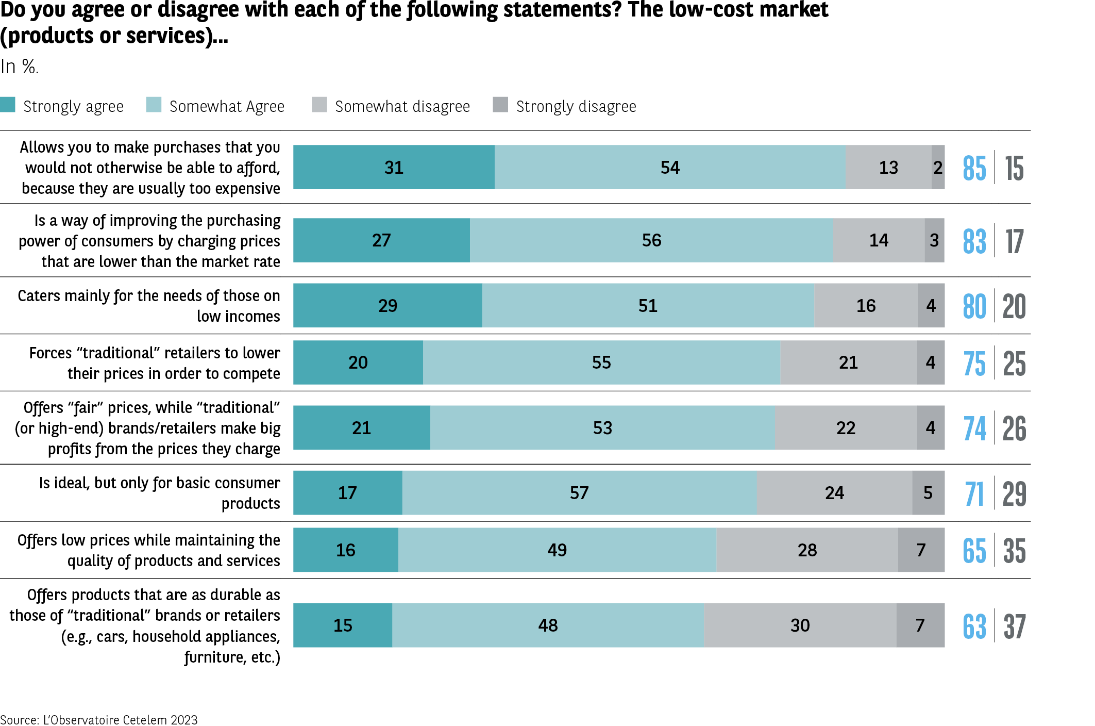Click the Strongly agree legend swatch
tap(8, 105)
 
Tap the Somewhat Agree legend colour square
tap(154, 105)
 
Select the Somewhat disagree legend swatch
tap(319, 105)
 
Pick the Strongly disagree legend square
tap(500, 105)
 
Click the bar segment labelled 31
tap(394, 167)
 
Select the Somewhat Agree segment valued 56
tap(651, 240)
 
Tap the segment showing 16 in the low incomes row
tap(866, 305)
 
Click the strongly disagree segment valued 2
tap(938, 167)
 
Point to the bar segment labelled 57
tap(579, 492)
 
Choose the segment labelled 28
tap(807, 550)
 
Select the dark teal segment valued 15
tap(343, 625)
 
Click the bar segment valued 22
tap(846, 427)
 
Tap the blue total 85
tap(974, 168)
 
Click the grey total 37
tap(1014, 626)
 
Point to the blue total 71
tap(974, 494)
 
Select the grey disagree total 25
tap(1014, 364)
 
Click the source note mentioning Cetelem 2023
tap(99, 720)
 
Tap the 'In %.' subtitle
tap(20, 67)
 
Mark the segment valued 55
tap(601, 362)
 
